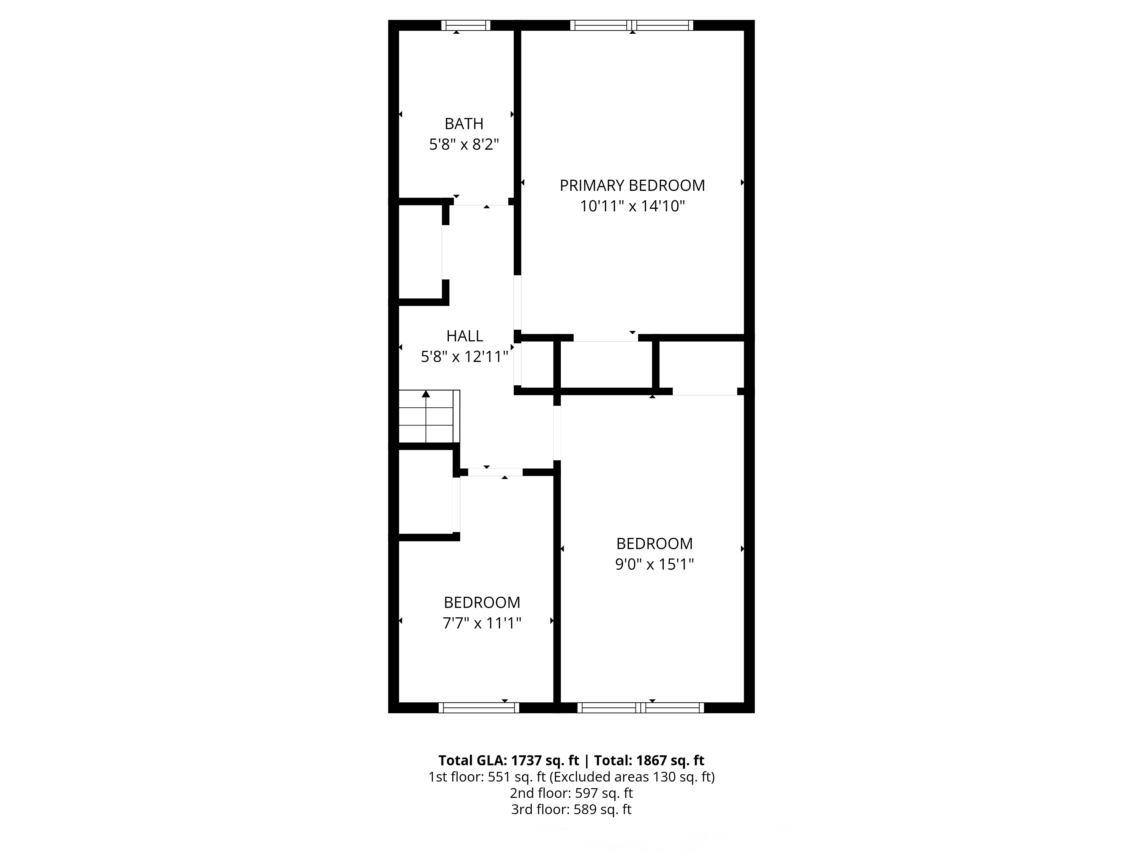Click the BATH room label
pos(464,124)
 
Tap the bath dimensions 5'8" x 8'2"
pos(464,145)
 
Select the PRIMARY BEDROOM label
pos(632,185)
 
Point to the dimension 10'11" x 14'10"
pos(632,207)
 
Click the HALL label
pos(465,336)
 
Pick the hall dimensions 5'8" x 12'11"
pos(465,357)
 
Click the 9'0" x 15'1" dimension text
pos(654,564)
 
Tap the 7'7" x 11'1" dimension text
pos(481,624)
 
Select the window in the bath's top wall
pos(465,25)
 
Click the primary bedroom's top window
pos(632,25)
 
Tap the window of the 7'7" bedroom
pos(479,708)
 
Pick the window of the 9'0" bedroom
pos(641,708)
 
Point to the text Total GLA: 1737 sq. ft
pos(508,760)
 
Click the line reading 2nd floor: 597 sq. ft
pos(571,793)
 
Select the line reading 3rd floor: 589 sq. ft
pos(571,810)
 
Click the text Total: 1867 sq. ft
pos(649,760)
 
